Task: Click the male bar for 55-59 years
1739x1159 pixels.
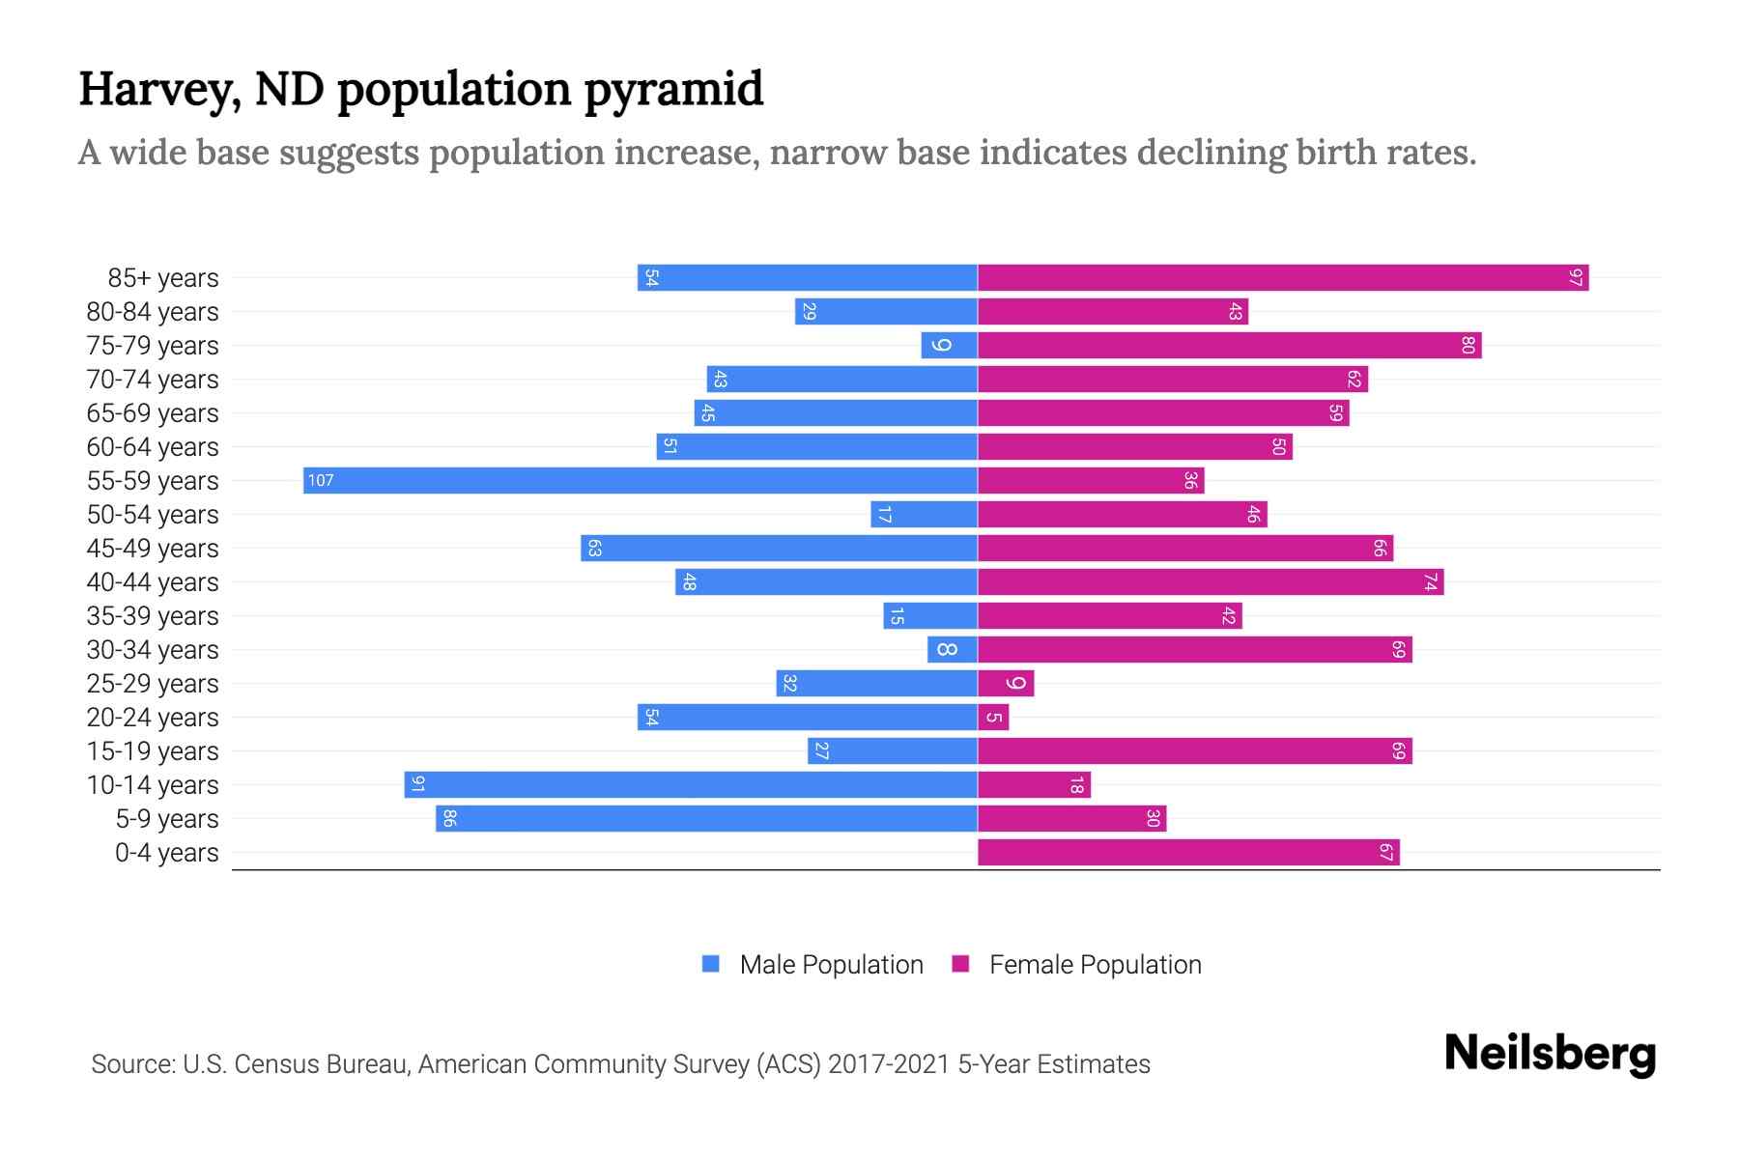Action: [x=640, y=480]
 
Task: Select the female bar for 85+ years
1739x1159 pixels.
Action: [x=1283, y=278]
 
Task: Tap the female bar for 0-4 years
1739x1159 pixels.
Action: [x=1188, y=852]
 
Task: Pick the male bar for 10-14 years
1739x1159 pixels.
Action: [x=691, y=784]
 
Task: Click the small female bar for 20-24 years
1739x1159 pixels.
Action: [x=993, y=717]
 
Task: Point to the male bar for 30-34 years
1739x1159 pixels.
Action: [x=953, y=649]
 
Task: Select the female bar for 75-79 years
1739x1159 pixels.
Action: [x=1229, y=346]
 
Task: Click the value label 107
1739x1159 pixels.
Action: [x=321, y=480]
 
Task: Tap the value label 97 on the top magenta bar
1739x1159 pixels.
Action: [x=1576, y=278]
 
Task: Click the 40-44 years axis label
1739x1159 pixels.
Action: [x=153, y=582]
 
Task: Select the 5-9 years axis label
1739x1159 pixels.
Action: [x=167, y=819]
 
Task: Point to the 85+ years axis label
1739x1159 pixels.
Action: [x=163, y=278]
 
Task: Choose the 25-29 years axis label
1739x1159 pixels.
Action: [x=153, y=684]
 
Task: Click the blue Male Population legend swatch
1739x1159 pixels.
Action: [x=711, y=964]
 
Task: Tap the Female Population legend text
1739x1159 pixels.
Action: [x=1095, y=964]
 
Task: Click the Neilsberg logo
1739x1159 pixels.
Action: [x=1550, y=1054]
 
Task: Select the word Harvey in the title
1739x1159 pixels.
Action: [x=160, y=90]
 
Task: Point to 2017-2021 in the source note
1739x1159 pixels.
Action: [x=889, y=1064]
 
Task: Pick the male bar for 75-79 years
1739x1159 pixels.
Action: [x=950, y=346]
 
